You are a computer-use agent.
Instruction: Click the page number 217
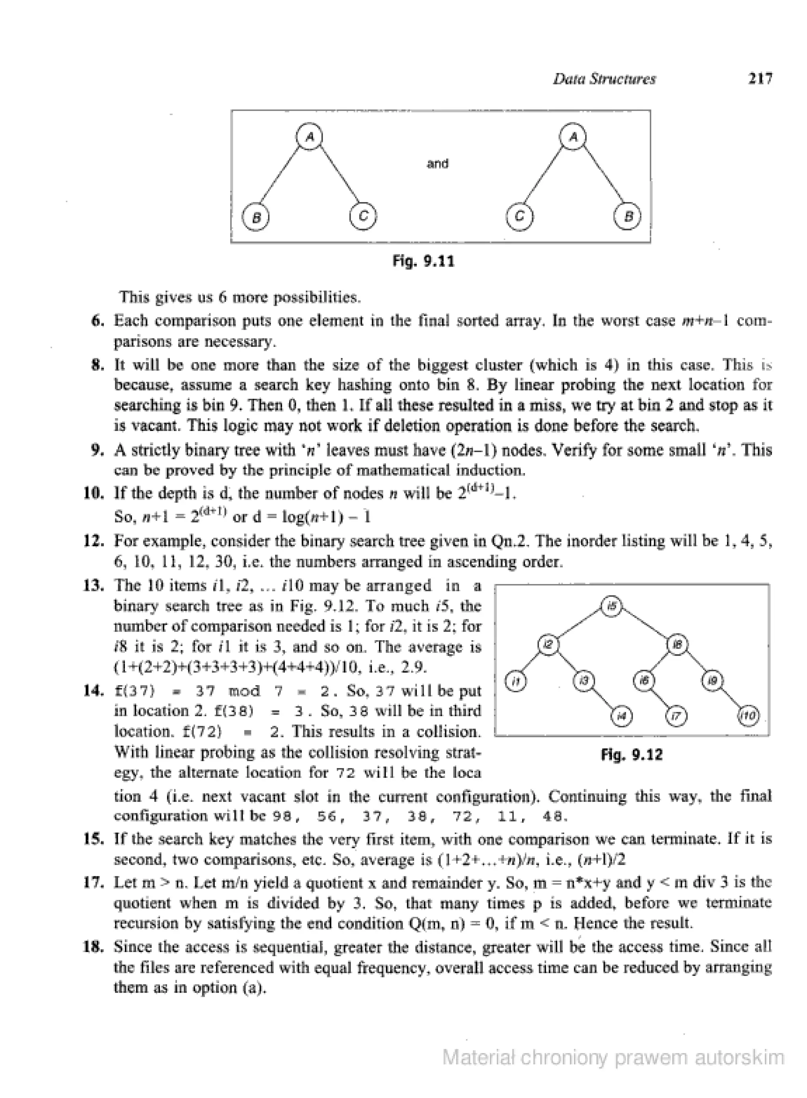click(x=761, y=79)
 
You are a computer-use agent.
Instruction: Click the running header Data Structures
click(x=604, y=79)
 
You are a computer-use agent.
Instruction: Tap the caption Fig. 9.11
click(x=424, y=261)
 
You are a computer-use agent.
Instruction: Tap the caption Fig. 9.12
click(x=632, y=755)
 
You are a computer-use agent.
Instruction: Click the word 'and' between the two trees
click(x=437, y=163)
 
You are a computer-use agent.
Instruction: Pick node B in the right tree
click(x=628, y=216)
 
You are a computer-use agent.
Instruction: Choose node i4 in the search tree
click(x=622, y=716)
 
